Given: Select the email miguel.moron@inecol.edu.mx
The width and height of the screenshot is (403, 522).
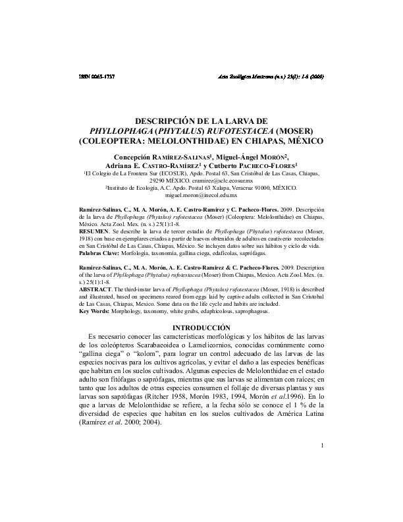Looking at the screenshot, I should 201,196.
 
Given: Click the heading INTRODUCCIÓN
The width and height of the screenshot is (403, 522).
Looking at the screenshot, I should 201,328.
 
